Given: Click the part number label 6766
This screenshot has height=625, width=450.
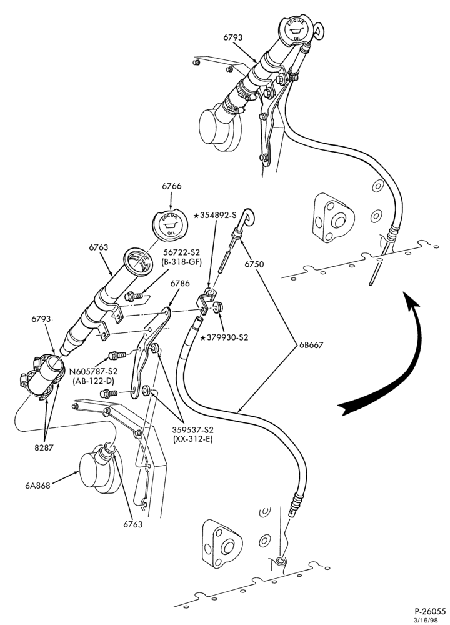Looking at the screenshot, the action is [171, 186].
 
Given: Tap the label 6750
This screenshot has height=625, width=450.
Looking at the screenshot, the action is [254, 264].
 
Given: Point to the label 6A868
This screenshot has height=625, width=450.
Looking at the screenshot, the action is [38, 486].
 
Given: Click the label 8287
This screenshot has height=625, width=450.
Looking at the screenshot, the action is [44, 447].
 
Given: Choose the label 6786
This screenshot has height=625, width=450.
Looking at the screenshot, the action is [180, 283].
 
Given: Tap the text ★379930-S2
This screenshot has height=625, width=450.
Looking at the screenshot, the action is [224, 337].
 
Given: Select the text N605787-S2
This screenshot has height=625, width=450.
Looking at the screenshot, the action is [93, 371].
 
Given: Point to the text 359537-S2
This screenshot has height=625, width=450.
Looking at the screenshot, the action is [192, 430].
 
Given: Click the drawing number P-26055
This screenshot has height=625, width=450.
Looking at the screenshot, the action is [429, 611].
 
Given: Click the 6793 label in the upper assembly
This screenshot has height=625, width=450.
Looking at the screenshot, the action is [232, 37].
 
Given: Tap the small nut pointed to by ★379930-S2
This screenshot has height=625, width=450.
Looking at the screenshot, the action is [217, 307].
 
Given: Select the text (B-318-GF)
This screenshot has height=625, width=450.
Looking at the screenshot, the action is [182, 262].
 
